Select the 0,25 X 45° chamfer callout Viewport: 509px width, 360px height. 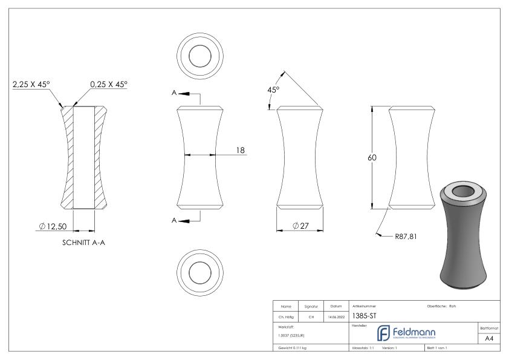click(109, 85)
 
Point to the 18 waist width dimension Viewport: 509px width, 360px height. click(241, 151)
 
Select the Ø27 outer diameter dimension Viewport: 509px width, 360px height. click(300, 226)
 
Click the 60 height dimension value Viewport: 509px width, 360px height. click(372, 157)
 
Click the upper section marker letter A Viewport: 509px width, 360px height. click(175, 94)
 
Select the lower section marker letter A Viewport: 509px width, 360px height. click(175, 221)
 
